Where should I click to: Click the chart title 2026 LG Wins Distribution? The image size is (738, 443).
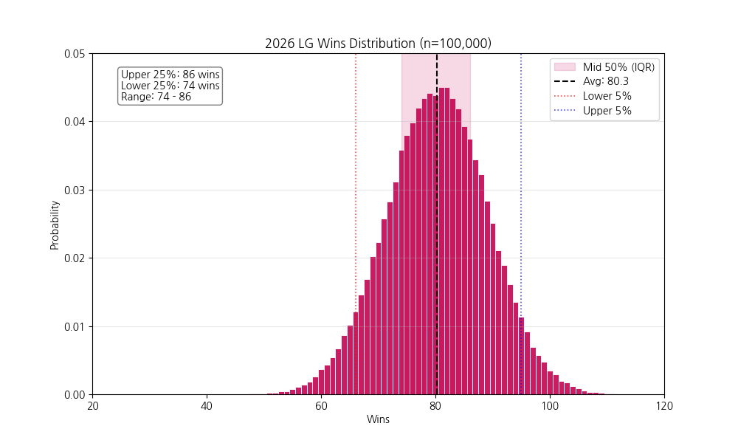tap(378, 44)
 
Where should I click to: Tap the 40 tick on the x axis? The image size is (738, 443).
tap(207, 406)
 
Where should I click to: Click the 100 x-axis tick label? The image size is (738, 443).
tap(550, 406)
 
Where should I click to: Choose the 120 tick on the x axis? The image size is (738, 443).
tap(664, 406)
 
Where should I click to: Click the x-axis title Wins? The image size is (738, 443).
tap(378, 419)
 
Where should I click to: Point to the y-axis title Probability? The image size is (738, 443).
tap(55, 224)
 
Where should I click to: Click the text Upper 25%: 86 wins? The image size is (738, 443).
tap(170, 75)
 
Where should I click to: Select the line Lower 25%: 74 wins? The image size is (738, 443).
tap(170, 86)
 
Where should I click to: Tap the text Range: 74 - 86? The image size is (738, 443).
tap(156, 97)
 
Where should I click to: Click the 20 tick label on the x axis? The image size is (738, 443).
tap(92, 406)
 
